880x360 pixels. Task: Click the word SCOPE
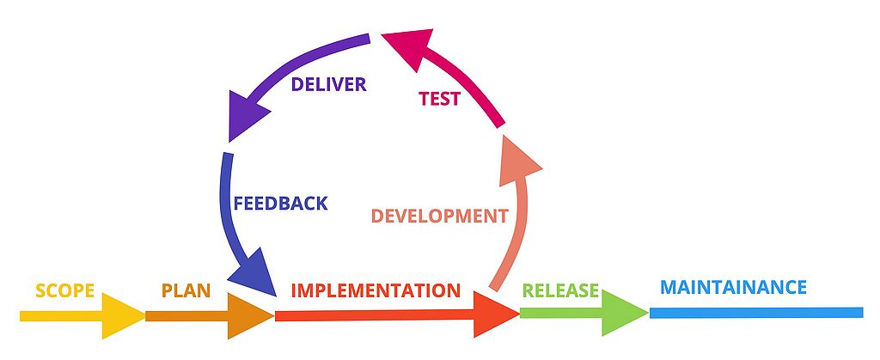click(x=64, y=290)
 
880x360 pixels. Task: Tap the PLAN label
click(x=186, y=290)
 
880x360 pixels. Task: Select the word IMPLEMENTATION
click(x=376, y=290)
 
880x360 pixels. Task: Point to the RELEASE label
click(x=560, y=290)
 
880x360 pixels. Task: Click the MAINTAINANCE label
click(x=733, y=286)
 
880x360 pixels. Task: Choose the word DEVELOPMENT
click(x=439, y=216)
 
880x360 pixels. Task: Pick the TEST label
click(x=439, y=99)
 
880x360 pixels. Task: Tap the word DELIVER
click(x=328, y=84)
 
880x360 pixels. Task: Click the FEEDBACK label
click(x=280, y=204)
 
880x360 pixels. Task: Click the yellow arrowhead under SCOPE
click(x=124, y=315)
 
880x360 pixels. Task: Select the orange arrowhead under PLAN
click(x=251, y=315)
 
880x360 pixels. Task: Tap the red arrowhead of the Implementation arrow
click(x=496, y=315)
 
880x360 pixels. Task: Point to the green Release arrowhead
click(x=625, y=313)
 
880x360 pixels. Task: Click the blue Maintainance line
click(x=756, y=312)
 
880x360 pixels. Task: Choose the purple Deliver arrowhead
click(x=244, y=117)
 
